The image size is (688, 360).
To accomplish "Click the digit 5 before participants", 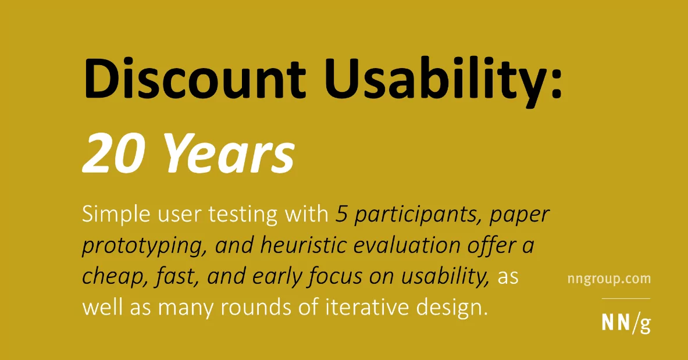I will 341,215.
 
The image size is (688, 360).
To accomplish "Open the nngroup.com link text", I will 608,279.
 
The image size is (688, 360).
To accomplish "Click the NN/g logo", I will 626,323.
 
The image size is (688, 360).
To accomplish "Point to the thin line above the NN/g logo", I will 626,298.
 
